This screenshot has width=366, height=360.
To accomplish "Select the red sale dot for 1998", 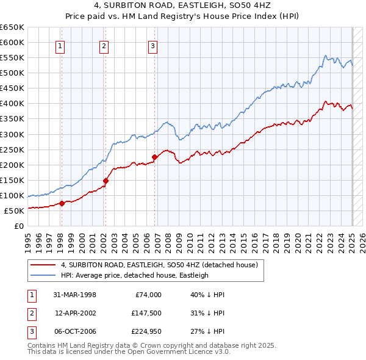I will coord(62,203).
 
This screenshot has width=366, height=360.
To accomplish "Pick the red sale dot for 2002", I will coord(106,181).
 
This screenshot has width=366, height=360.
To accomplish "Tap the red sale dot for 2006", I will coord(154,157).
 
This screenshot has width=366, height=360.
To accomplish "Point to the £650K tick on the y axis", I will coord(12,27).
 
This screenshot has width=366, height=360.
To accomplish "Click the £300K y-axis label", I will coord(12,134).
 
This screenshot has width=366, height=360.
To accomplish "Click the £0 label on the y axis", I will coord(18,226).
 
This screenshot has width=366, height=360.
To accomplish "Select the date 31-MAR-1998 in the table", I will coord(75,294).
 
